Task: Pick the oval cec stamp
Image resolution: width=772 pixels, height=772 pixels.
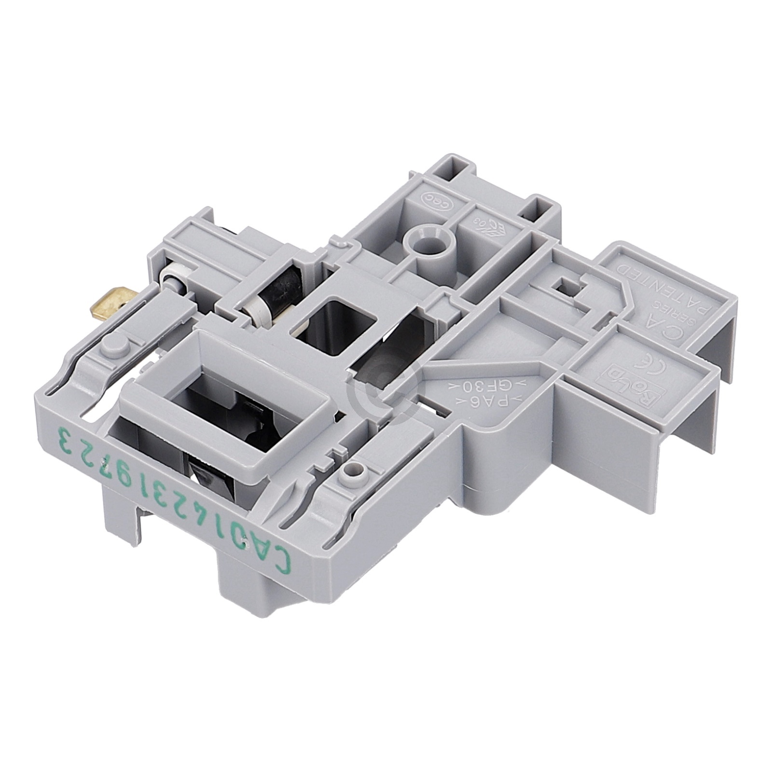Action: click(431, 199)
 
